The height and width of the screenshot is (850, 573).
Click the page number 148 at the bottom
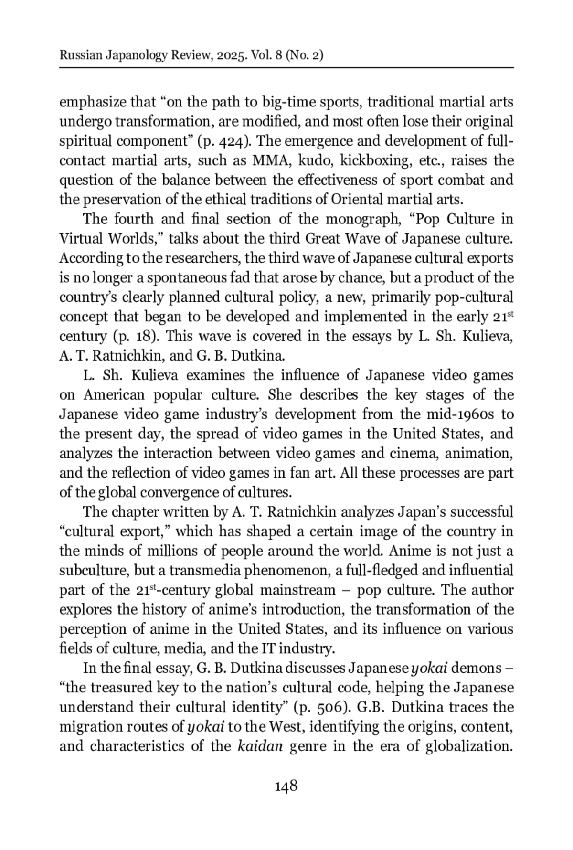pos(286,786)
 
